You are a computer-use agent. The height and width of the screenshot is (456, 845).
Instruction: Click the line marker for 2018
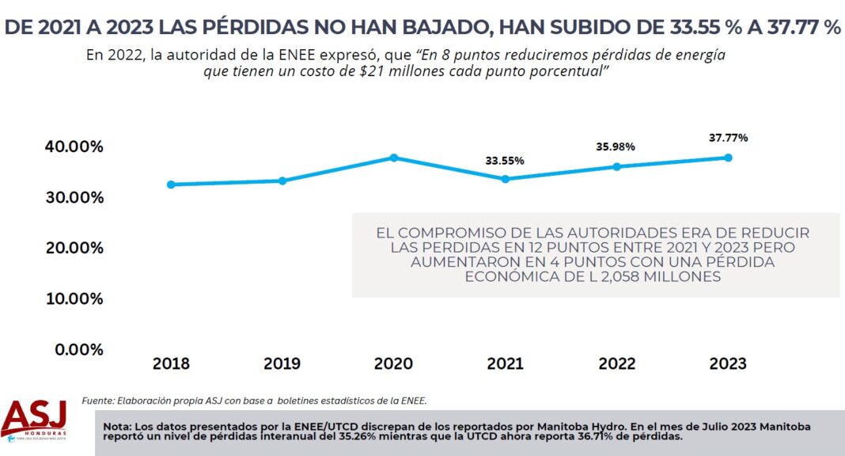(x=171, y=184)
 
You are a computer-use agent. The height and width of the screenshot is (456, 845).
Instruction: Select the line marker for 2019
(x=282, y=180)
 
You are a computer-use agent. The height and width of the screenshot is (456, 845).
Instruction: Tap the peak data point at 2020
(x=393, y=158)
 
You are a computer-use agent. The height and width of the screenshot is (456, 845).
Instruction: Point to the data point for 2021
(x=505, y=179)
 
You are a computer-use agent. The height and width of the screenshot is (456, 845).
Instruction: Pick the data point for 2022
(x=616, y=166)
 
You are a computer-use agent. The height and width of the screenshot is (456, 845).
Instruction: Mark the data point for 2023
(x=728, y=158)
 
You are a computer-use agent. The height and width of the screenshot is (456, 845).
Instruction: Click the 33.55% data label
(x=505, y=161)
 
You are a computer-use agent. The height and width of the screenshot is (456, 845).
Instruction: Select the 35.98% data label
(x=616, y=147)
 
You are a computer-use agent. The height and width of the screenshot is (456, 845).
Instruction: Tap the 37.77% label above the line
(x=728, y=138)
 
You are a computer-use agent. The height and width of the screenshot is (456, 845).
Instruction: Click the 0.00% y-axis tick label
(x=76, y=349)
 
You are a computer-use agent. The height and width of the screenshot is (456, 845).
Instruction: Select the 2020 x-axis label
(x=393, y=363)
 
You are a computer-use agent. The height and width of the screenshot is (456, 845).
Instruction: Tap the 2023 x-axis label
(x=728, y=363)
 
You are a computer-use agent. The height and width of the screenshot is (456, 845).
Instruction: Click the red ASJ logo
(x=33, y=418)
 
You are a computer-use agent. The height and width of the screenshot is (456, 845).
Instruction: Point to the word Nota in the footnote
(x=117, y=427)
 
